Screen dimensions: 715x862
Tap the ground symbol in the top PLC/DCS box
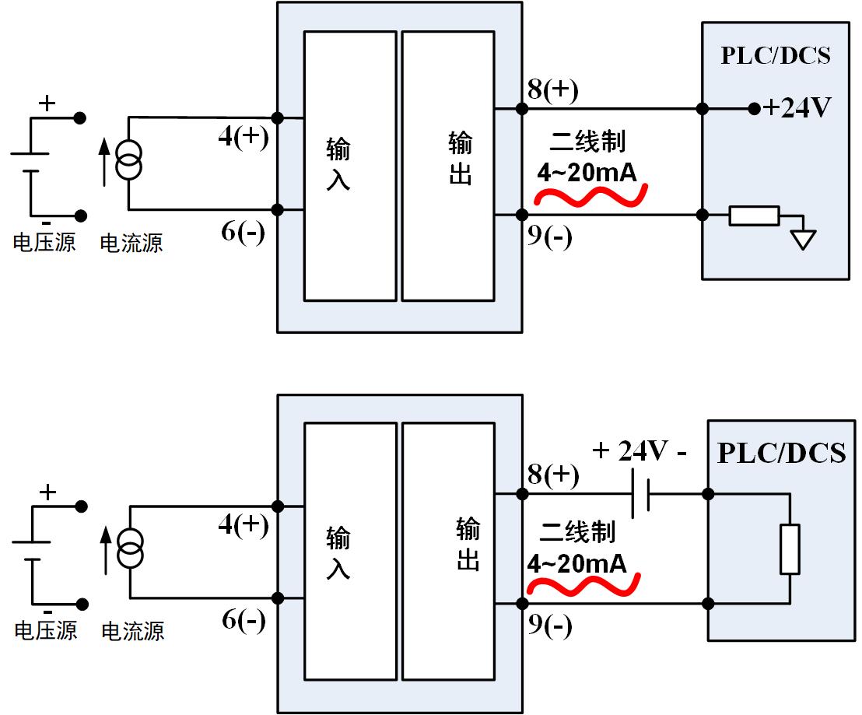[x=804, y=238]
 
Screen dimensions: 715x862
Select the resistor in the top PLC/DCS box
[x=753, y=216]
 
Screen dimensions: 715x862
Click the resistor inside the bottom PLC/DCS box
[x=790, y=549]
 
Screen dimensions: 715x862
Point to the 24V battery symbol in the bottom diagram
[x=640, y=493]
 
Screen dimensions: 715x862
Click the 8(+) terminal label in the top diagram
[x=552, y=90]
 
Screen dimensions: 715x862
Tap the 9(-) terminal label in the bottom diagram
[x=549, y=625]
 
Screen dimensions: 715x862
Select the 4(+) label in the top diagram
[x=244, y=138]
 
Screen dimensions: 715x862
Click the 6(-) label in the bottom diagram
[x=244, y=620]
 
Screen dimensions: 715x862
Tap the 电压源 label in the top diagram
[x=44, y=243]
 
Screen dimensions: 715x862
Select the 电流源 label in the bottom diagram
[x=133, y=630]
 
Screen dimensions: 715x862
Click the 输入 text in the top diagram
[x=338, y=163]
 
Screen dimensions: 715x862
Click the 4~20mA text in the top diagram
[x=588, y=172]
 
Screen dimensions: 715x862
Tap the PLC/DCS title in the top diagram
[x=776, y=56]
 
